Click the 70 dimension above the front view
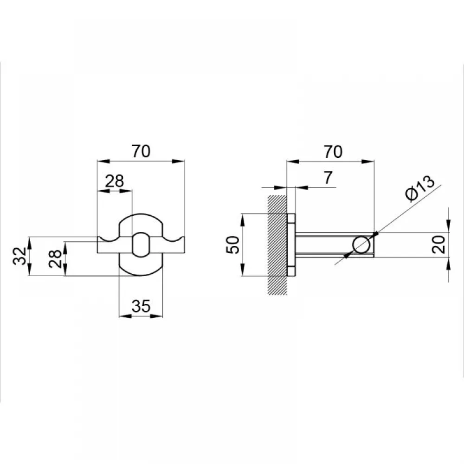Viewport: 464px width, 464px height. click(x=141, y=151)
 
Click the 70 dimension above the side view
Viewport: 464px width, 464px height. click(x=333, y=152)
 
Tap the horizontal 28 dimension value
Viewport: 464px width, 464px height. click(x=115, y=181)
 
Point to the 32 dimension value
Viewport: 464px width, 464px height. click(x=20, y=256)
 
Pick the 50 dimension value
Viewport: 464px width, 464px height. click(x=232, y=245)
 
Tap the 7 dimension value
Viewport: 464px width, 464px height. click(x=328, y=177)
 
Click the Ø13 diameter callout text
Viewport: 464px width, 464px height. click(x=420, y=188)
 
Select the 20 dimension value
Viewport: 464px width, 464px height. click(x=438, y=245)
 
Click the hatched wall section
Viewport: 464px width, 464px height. click(x=277, y=245)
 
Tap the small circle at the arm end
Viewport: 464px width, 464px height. click(x=361, y=245)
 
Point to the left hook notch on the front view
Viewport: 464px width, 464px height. click(x=108, y=238)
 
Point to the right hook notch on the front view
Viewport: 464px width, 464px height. click(x=173, y=238)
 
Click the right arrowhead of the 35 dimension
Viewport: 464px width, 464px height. click(x=156, y=316)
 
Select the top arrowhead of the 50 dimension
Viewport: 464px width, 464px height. click(x=242, y=219)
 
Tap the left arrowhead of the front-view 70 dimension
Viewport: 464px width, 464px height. click(x=104, y=161)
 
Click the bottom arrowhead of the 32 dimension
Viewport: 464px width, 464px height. click(x=29, y=270)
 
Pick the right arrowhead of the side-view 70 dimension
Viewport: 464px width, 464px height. click(x=368, y=161)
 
